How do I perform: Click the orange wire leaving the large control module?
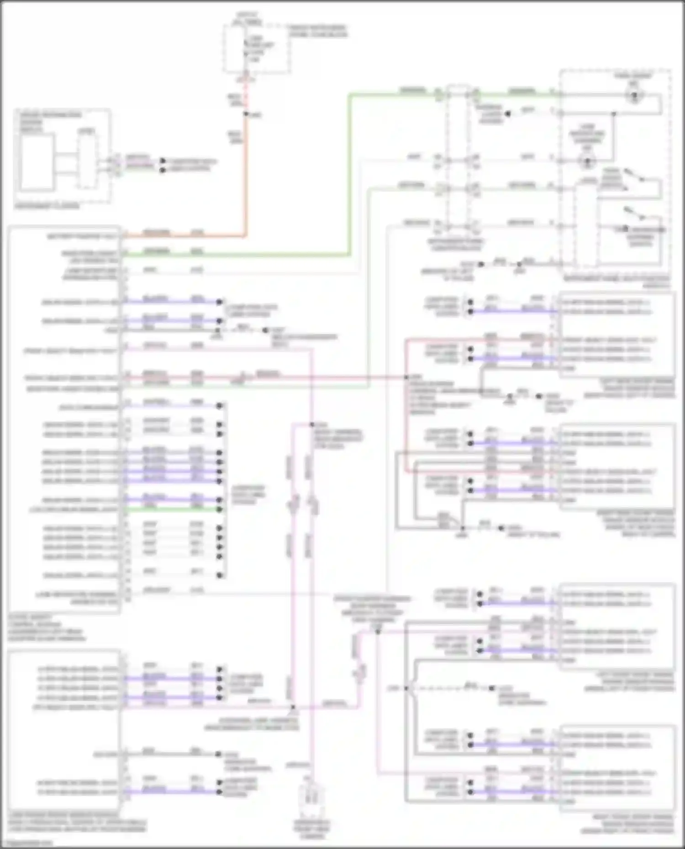point(183,236)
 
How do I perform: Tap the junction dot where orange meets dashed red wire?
point(246,114)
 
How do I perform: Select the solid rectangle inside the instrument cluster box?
point(36,162)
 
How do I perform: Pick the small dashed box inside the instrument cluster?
point(86,162)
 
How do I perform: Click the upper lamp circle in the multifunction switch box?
point(635,96)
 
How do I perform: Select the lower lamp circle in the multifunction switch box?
point(587,161)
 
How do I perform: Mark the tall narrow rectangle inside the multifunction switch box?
point(586,226)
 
